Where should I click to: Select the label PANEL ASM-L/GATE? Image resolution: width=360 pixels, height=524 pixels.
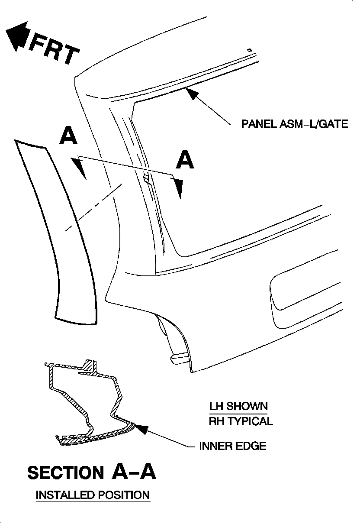coord(294,125)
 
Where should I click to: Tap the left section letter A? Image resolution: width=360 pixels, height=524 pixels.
coord(68,136)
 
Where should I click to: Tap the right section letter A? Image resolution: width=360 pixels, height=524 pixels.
coord(185,160)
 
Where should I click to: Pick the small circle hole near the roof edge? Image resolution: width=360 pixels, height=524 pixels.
coord(249,51)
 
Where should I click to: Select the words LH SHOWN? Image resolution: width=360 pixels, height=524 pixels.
coord(238,406)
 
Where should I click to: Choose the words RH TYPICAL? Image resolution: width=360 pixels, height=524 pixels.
coord(241,421)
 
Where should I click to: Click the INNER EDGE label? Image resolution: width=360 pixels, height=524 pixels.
coord(232,446)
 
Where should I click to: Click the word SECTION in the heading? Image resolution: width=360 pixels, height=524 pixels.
coord(65,472)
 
